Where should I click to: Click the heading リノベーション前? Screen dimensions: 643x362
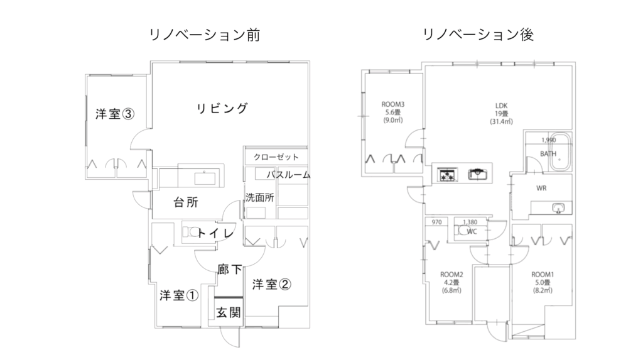pos(204,35)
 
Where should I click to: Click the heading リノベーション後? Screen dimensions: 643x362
pos(478,35)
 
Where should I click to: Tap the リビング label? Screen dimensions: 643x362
pos(222,108)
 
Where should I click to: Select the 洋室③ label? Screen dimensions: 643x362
pos(115,114)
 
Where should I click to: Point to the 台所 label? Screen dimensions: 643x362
pos(186,202)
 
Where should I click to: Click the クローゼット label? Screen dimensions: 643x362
pos(276,157)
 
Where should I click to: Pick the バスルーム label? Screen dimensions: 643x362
pos(289,175)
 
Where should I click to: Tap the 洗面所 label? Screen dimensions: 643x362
pos(259,197)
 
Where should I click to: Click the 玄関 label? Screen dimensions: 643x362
pos(229,313)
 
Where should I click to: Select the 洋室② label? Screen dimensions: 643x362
pos(271,284)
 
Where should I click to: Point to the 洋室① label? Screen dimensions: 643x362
pos(179,295)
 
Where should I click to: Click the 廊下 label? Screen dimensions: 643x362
pos(230,269)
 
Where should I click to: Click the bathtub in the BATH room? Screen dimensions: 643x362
pos(559,151)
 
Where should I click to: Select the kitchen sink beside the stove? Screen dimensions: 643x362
pos(478,175)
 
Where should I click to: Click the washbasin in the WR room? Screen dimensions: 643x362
pos(558,208)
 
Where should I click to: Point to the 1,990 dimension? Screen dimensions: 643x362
pos(549,140)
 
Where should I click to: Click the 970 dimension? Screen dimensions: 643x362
pos(437,222)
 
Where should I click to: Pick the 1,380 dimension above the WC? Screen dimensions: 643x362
pos(470,222)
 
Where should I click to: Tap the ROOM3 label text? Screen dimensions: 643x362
pos(393,105)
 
